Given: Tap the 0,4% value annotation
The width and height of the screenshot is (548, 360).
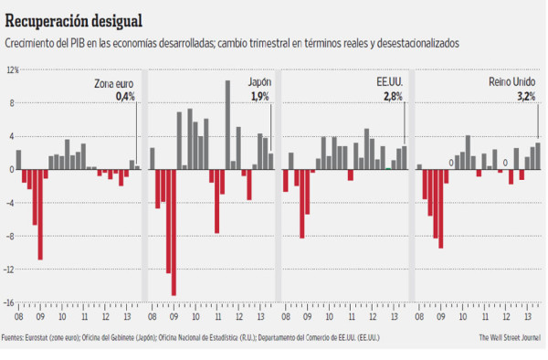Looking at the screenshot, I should click(x=125, y=96).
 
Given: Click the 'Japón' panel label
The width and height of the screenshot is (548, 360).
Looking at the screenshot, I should click(x=259, y=83).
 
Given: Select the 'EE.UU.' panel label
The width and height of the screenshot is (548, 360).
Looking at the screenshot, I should click(x=389, y=83).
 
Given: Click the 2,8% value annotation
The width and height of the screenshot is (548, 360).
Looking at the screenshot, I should click(x=393, y=96).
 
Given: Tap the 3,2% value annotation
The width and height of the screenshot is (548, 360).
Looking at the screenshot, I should click(x=526, y=96).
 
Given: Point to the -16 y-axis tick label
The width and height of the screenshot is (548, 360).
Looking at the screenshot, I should click(x=12, y=303).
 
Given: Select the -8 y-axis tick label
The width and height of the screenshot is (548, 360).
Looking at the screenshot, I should click(x=13, y=237).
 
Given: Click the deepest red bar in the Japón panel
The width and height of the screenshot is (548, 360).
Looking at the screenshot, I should click(x=174, y=232).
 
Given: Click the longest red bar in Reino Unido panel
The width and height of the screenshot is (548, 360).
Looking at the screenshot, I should click(x=440, y=208).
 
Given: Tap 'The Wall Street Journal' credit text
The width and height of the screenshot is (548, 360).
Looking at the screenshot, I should click(x=510, y=338).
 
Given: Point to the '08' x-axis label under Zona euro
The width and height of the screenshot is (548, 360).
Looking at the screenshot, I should click(x=18, y=317).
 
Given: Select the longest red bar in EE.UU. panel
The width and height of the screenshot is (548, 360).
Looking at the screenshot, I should click(x=301, y=204).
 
